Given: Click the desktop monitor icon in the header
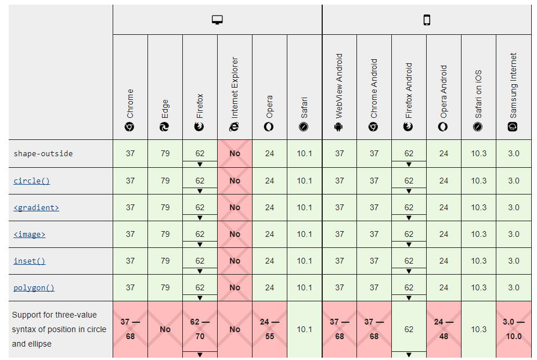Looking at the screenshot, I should [218, 20].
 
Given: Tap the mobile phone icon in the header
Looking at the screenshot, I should [427, 20].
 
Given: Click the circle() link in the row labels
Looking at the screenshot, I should [31, 181].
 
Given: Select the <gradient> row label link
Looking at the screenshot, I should [36, 207].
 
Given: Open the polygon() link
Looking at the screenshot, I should [34, 287].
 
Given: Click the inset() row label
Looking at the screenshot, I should [29, 261].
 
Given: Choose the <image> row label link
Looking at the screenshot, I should [29, 234].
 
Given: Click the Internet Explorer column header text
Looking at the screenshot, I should [235, 87].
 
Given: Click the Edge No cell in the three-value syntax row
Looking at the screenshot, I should [165, 329].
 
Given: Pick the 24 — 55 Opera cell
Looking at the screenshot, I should [269, 329].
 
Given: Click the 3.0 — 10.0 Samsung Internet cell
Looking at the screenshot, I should [513, 329].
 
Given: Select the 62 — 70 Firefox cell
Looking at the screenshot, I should [200, 329].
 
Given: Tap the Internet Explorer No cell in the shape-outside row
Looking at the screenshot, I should [235, 154].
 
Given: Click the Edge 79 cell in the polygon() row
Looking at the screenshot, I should [165, 287].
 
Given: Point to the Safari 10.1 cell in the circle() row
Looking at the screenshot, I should [304, 181].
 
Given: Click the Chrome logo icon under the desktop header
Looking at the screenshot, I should [130, 127].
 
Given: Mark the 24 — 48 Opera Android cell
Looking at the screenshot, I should [444, 329].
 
